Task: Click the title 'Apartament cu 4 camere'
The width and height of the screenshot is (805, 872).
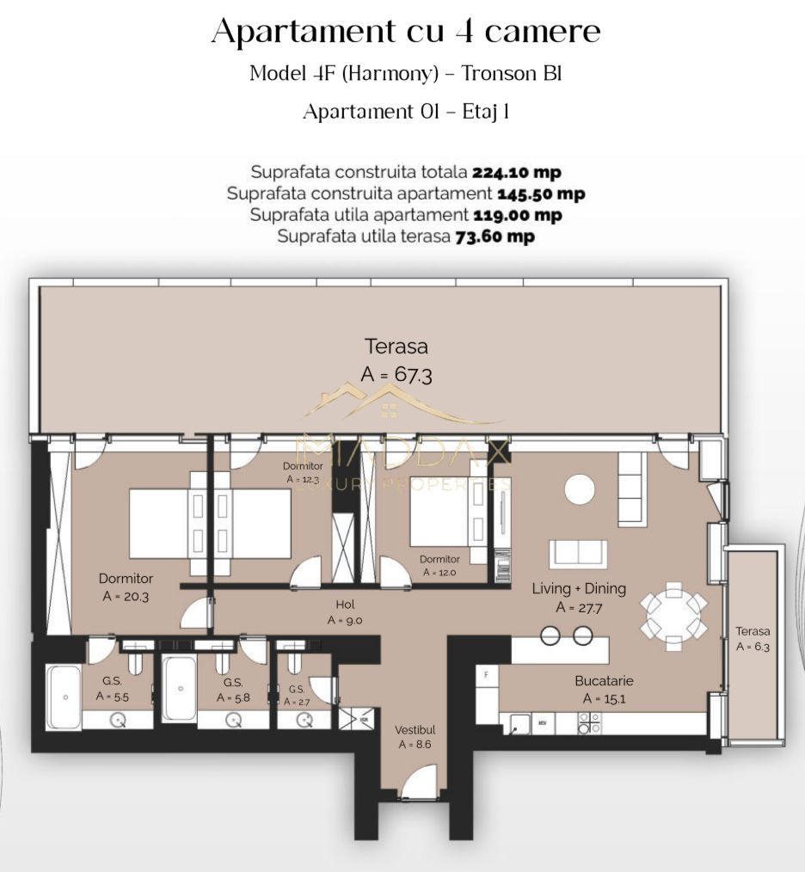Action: (405, 32)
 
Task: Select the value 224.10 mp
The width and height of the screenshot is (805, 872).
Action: (516, 173)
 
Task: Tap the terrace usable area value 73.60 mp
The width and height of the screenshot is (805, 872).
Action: (495, 236)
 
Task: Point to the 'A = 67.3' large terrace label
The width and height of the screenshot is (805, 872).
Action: (396, 375)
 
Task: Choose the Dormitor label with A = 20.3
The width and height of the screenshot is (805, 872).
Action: (126, 587)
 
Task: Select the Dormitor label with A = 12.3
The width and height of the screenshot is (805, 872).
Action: (303, 472)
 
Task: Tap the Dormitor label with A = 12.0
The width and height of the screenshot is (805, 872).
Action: (439, 566)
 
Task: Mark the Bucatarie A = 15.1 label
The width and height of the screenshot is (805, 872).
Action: (603, 690)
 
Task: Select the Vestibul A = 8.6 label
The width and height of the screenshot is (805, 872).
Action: (415, 737)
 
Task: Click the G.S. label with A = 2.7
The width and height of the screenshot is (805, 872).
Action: (297, 696)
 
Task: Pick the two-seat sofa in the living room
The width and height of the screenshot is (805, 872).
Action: (578, 553)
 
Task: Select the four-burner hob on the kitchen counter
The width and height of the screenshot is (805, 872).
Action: (589, 723)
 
